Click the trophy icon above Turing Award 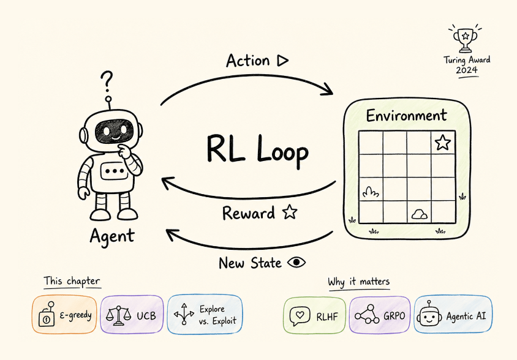coord(465,39)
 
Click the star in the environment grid coord(442,143)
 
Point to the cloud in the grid coord(419,214)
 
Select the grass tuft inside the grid coord(370,192)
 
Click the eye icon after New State coord(297,262)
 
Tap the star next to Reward coord(289,213)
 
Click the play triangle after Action coord(282,60)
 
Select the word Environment coord(406,115)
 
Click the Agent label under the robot coord(111,236)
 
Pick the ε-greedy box coord(64,315)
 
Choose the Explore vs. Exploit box coord(205,315)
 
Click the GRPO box coord(380,315)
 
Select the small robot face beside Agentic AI coord(428,315)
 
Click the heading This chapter coord(72,281)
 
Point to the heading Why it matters coord(359,282)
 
